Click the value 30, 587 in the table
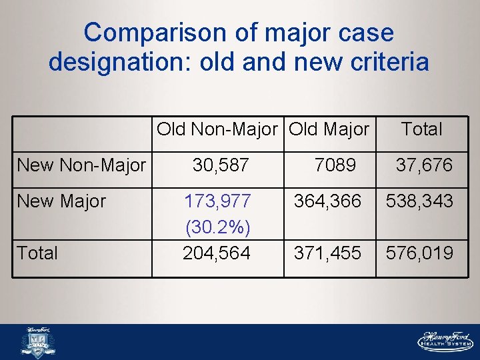(x=221, y=165)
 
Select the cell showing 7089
(x=335, y=165)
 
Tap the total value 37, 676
(x=424, y=165)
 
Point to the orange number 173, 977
(x=217, y=201)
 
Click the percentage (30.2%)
(x=217, y=227)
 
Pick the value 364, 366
(x=328, y=201)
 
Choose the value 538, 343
(x=419, y=201)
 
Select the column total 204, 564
(x=217, y=253)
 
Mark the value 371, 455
(x=328, y=253)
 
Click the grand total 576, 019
(x=419, y=253)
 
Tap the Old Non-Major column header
(x=217, y=129)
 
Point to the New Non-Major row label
(x=81, y=165)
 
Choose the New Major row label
(x=61, y=201)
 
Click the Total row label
(x=37, y=253)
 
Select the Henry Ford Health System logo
(x=445, y=341)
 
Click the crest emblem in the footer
(x=38, y=341)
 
